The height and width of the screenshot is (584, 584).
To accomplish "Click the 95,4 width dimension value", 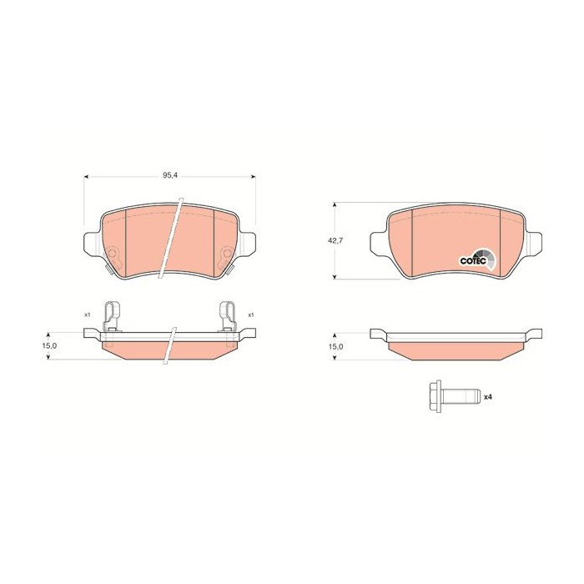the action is point(170,176).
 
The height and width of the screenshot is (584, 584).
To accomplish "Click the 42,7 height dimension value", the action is point(335,240).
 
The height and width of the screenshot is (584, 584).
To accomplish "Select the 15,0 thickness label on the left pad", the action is point(49,345).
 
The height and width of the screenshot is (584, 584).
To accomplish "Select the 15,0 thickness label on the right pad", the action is point(335,346).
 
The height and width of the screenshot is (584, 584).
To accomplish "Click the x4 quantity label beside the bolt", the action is point(488,397).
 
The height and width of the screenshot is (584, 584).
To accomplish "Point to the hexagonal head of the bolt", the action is point(435,396).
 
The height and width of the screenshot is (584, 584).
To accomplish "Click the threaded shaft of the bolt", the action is point(460,396).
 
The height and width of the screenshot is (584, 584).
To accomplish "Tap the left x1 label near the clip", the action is point(87,315).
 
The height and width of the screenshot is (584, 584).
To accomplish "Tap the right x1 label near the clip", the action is point(251,315).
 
